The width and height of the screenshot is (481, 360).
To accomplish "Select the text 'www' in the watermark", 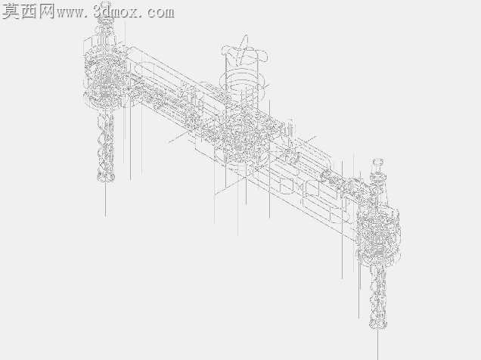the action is pyautogui.click(x=70, y=13).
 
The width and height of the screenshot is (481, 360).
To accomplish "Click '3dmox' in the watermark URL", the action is pyautogui.click(x=116, y=12).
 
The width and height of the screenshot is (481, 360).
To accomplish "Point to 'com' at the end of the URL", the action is pyautogui.click(x=160, y=13).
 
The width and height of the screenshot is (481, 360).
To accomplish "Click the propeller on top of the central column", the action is pyautogui.click(x=245, y=52).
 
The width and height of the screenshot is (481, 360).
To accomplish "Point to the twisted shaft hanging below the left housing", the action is pyautogui.click(x=106, y=146).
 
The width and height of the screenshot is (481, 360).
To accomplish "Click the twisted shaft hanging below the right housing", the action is pyautogui.click(x=378, y=297).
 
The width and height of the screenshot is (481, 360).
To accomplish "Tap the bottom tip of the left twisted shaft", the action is pyautogui.click(x=106, y=181).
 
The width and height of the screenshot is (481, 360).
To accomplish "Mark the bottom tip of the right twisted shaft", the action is pyautogui.click(x=378, y=329).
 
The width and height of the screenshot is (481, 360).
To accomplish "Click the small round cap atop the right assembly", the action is pyautogui.click(x=378, y=162).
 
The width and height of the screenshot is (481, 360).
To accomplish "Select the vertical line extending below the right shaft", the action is pyautogui.click(x=377, y=344).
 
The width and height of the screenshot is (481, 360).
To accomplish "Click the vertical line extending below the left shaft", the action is pyautogui.click(x=106, y=200).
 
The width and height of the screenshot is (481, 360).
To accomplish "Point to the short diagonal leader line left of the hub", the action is pyautogui.click(x=178, y=138).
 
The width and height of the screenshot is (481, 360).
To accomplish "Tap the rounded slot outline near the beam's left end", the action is pyautogui.click(x=144, y=68).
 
